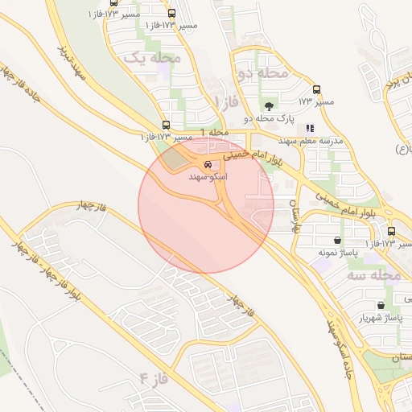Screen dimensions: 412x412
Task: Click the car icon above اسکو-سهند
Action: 208,165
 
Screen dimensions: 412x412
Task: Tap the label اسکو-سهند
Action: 208,175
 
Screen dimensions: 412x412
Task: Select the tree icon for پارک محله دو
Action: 268,105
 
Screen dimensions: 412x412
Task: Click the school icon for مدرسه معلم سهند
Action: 310,127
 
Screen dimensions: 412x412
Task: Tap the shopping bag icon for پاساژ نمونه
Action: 336,240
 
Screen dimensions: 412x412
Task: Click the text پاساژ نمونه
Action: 336,252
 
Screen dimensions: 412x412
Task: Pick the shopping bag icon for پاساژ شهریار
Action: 381,306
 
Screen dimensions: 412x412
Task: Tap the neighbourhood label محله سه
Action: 373,274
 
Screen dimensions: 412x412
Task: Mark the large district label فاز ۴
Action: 155,377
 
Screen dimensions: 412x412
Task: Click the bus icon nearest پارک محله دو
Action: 316,90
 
